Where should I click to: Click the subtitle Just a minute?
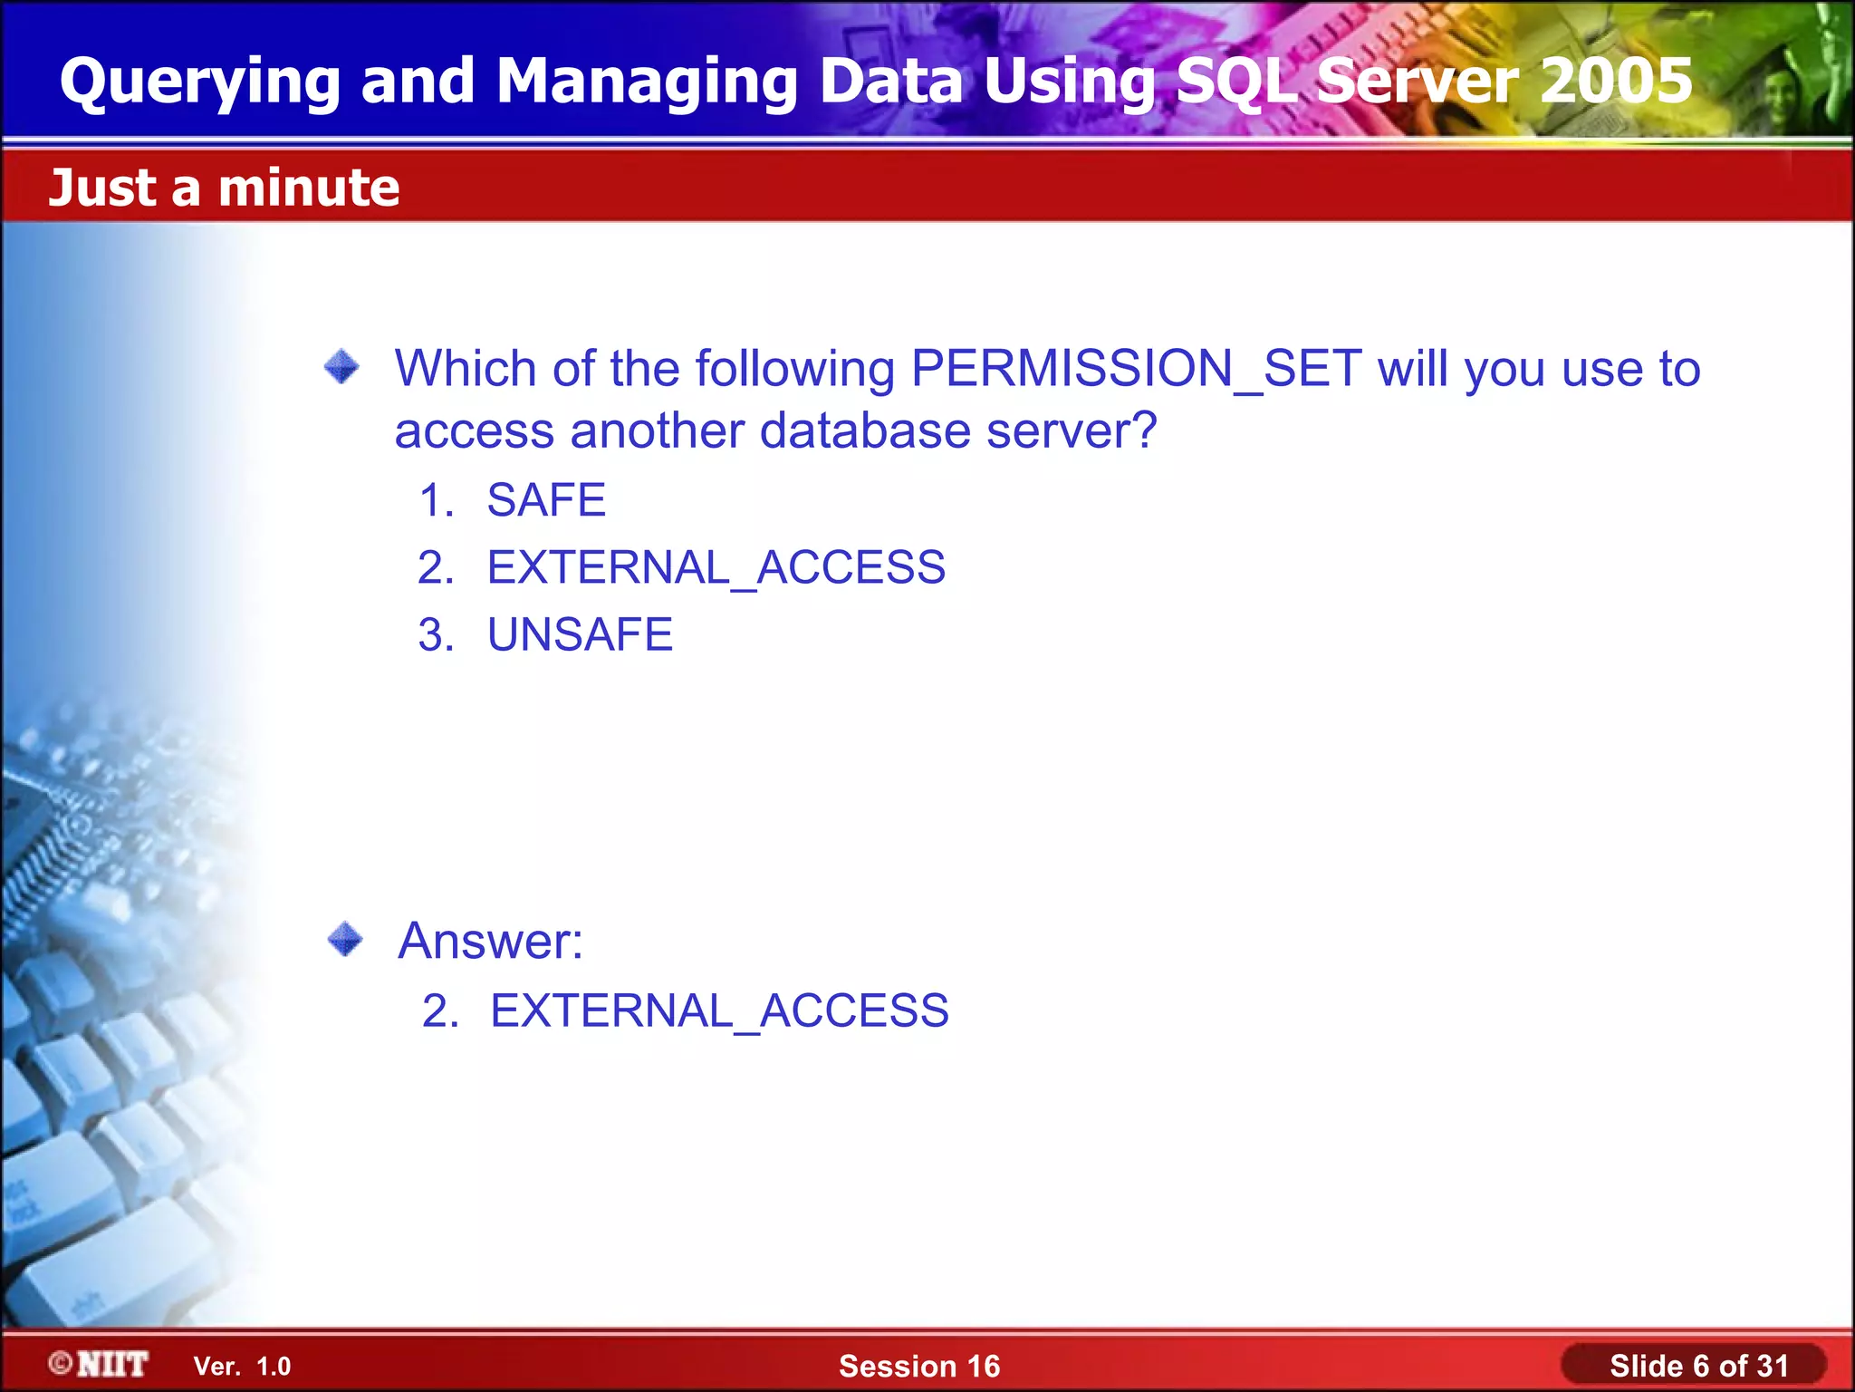(224, 188)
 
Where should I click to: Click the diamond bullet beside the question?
(341, 367)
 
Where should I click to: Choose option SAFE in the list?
(546, 500)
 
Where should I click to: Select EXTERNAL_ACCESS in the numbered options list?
(716, 568)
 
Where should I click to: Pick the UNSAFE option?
(580, 634)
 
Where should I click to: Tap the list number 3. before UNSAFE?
(436, 634)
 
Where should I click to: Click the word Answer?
(491, 941)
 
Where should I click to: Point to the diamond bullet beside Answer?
(345, 939)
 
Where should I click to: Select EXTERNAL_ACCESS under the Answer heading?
(719, 1011)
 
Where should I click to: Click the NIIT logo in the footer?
(100, 1364)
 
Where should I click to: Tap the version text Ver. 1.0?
(242, 1367)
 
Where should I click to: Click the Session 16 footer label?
(918, 1367)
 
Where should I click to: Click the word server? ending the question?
(1072, 431)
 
